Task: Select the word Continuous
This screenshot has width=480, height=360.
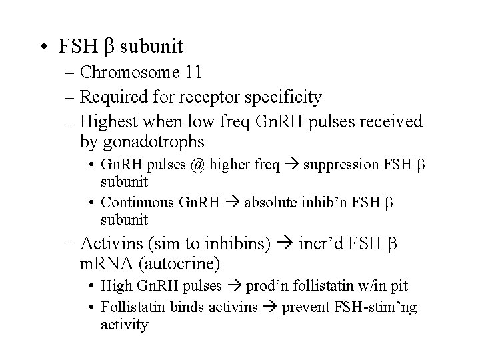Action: pos(137,203)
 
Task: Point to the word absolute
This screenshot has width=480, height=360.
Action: pos(272,203)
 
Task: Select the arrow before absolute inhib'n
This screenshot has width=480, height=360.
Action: pos(233,203)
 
